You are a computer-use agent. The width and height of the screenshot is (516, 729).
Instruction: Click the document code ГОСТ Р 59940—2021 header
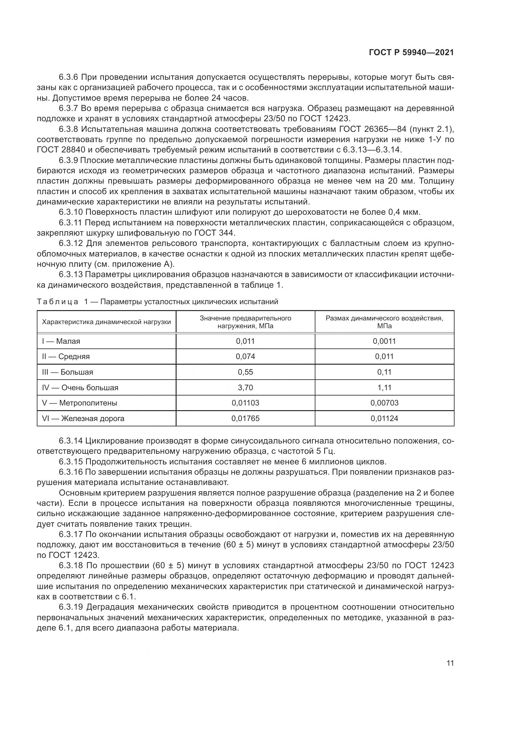pyautogui.click(x=411, y=53)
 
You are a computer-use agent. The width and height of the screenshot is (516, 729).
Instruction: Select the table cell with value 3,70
pyautogui.click(x=245, y=387)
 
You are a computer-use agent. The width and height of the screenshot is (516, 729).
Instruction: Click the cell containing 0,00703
pyautogui.click(x=384, y=403)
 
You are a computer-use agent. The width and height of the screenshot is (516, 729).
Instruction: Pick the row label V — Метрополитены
pyautogui.click(x=80, y=403)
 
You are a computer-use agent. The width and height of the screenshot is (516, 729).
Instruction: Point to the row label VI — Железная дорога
pyautogui.click(x=83, y=419)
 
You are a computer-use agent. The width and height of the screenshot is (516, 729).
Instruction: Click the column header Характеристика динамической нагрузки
pyautogui.click(x=106, y=322)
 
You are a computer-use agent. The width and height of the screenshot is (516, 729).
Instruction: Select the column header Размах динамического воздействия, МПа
pyautogui.click(x=384, y=322)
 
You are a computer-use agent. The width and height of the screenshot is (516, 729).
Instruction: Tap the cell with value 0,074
pyautogui.click(x=245, y=356)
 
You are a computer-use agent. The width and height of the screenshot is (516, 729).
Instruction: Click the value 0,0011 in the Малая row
pyautogui.click(x=384, y=341)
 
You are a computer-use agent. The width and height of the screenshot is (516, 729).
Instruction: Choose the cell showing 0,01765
pyautogui.click(x=245, y=419)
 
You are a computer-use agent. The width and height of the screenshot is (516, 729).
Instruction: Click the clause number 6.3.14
pyautogui.click(x=71, y=441)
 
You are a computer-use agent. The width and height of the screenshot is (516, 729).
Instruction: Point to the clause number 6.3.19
pyautogui.click(x=71, y=607)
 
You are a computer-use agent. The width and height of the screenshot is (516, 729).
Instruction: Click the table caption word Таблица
pyautogui.click(x=57, y=302)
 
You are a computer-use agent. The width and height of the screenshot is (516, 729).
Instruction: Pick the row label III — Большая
pyautogui.click(x=67, y=372)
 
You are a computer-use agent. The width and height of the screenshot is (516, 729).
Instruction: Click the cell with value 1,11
pyautogui.click(x=384, y=387)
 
